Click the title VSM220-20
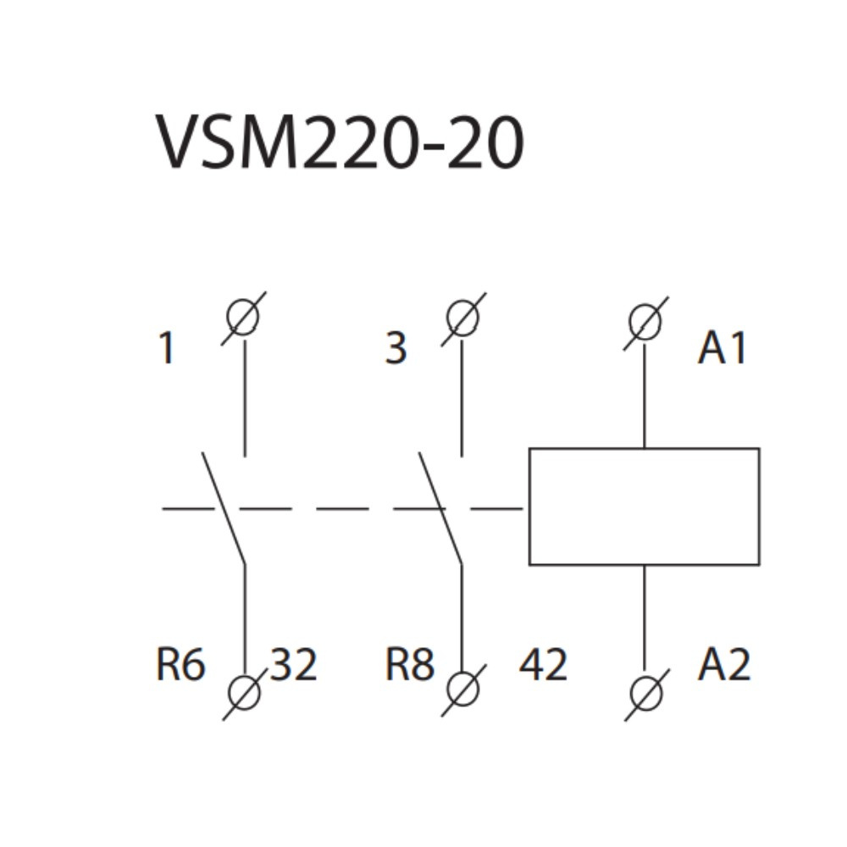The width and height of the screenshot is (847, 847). coord(340,142)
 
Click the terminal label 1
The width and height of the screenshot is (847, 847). coord(167,348)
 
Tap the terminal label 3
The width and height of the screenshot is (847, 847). coord(396,348)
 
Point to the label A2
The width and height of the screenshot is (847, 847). coord(724,665)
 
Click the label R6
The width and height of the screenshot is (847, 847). coord(180,665)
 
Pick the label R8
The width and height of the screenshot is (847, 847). coord(410,665)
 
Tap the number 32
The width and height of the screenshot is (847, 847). coord(294,665)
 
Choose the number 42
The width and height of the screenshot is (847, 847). coord(543,665)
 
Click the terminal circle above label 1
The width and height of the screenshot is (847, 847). coord(244,318)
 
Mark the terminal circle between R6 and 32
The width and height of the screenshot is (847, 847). coord(245,694)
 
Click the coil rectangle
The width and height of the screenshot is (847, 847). coord(644,507)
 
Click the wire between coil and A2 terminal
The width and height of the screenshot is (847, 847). coord(645,618)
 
